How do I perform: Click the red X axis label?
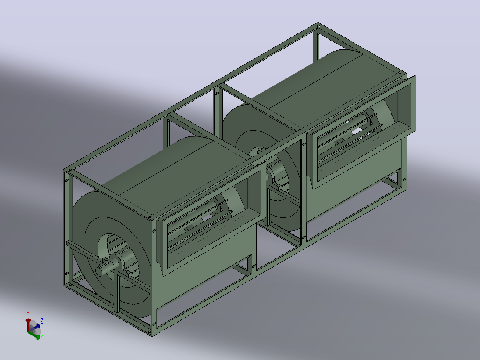[x=28, y=314]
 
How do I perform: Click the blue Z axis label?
[x=42, y=321]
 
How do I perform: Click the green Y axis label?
[x=42, y=337]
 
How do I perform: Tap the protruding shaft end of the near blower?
[x=101, y=271]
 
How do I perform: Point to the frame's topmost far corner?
[x=318, y=23]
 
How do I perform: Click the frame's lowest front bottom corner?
[x=152, y=335]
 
